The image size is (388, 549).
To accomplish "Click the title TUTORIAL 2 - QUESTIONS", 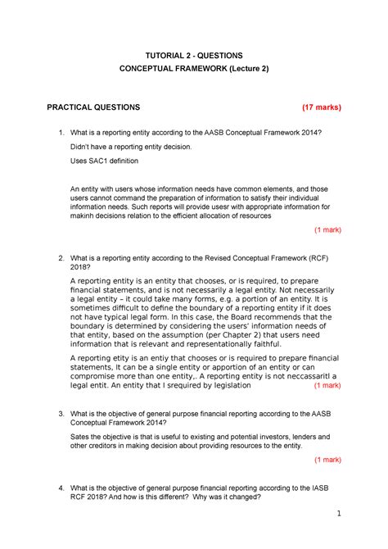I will pos(194,56).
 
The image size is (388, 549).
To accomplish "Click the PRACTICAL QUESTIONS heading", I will pos(93,107).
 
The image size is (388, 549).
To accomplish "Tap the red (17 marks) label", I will pos(321,107).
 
